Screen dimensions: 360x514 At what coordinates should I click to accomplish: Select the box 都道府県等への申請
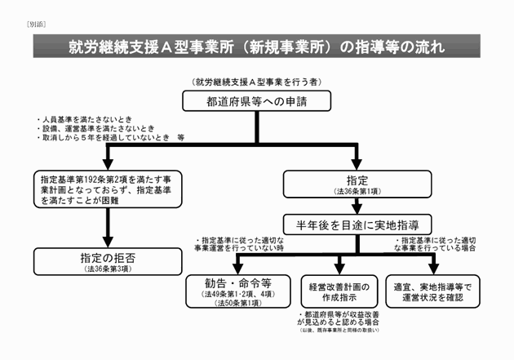click(256, 100)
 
